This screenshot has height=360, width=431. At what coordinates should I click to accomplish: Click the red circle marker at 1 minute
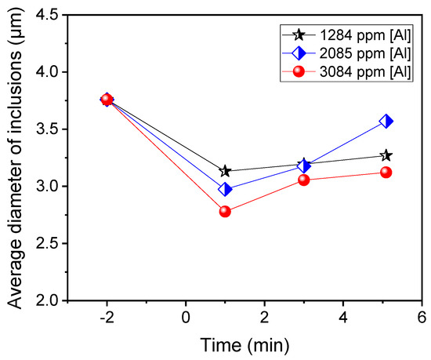point(225,211)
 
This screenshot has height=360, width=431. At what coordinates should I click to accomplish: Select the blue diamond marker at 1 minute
point(225,189)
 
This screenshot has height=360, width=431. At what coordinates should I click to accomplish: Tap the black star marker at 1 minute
point(225,171)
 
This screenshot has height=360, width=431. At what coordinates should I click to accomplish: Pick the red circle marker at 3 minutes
point(304,180)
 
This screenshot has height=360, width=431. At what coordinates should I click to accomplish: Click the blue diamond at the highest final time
point(386,121)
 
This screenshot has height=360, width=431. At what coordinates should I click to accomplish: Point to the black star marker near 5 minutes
point(386,155)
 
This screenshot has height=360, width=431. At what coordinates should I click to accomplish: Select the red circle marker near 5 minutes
point(386,172)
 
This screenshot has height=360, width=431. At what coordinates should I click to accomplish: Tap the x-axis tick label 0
point(186,317)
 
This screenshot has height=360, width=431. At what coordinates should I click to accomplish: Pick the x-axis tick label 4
point(343,317)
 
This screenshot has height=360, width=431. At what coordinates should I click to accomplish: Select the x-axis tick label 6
point(422,317)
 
